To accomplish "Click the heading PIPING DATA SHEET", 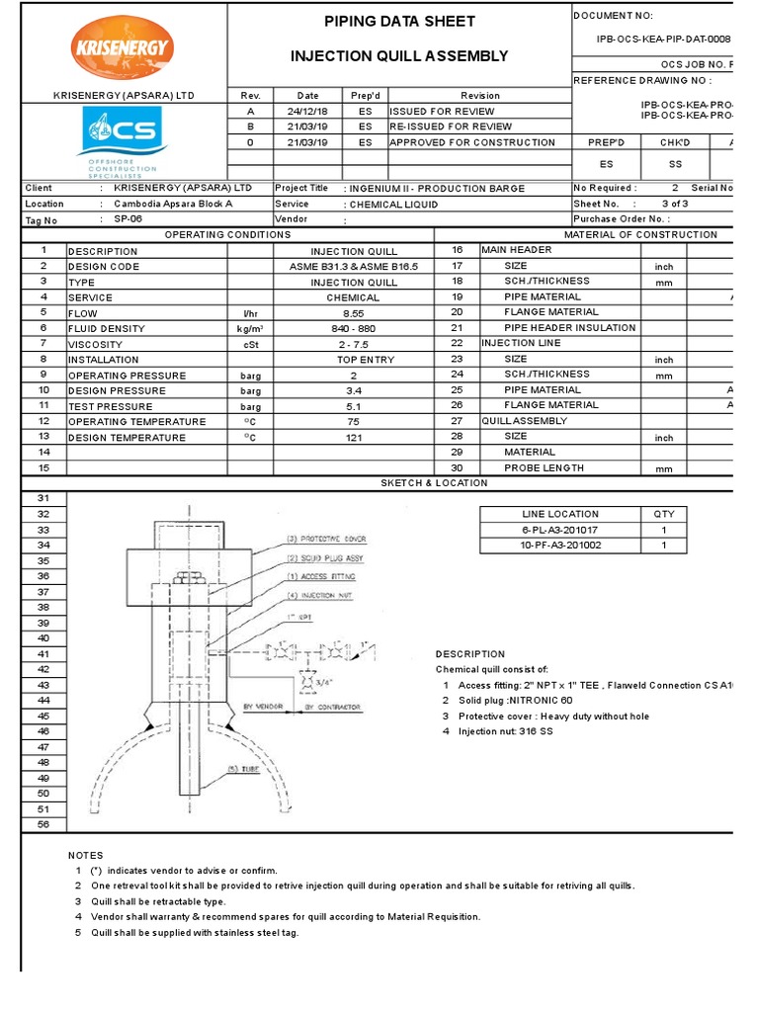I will tap(400, 22).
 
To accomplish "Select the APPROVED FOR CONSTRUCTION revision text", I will tap(472, 142).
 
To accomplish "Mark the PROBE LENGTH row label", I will tap(544, 468).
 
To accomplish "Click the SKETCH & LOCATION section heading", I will tap(435, 483).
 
